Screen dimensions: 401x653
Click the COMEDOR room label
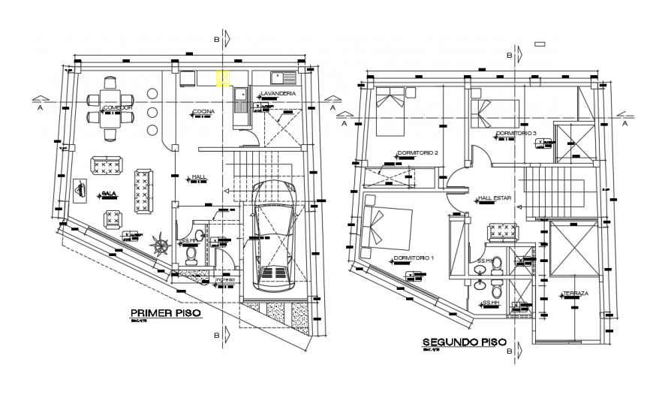(117, 107)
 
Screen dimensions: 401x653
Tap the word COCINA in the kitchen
(203, 112)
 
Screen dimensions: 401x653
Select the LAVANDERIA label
(278, 93)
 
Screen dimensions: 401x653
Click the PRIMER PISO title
(166, 313)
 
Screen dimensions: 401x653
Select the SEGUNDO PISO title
(460, 342)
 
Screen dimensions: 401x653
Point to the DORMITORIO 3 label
(516, 133)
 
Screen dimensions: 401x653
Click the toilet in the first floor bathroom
(191, 255)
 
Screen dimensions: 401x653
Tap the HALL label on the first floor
(199, 177)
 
